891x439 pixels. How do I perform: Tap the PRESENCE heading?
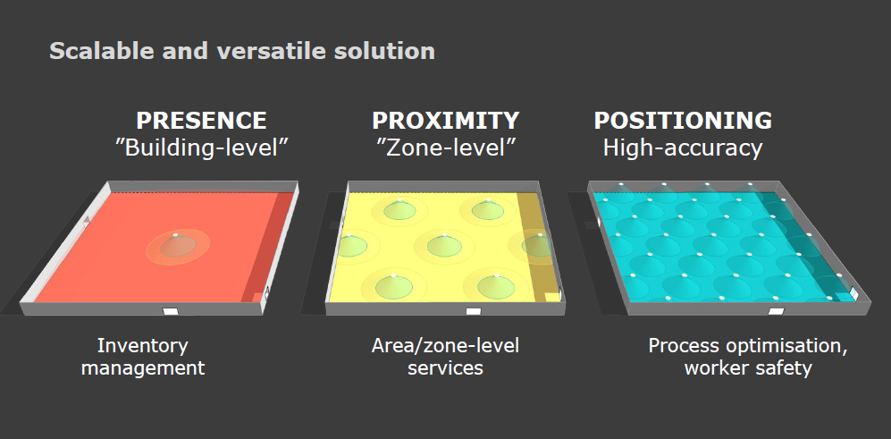(x=201, y=121)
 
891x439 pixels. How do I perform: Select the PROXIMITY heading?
(x=445, y=121)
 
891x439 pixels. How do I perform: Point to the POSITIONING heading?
(x=683, y=121)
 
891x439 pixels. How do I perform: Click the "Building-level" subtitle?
(x=202, y=148)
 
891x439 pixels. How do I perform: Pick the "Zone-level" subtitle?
(x=445, y=148)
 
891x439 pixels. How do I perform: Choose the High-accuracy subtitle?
(x=683, y=148)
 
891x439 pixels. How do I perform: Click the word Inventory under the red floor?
(x=143, y=346)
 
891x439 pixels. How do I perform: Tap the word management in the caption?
(x=143, y=367)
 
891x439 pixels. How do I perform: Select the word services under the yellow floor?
(x=445, y=367)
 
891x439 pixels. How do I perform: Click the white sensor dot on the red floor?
(x=175, y=235)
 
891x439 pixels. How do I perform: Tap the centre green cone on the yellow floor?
(x=444, y=245)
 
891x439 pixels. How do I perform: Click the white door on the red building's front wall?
(x=171, y=311)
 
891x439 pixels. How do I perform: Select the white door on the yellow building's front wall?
(x=474, y=311)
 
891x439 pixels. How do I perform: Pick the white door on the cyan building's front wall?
(x=777, y=311)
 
